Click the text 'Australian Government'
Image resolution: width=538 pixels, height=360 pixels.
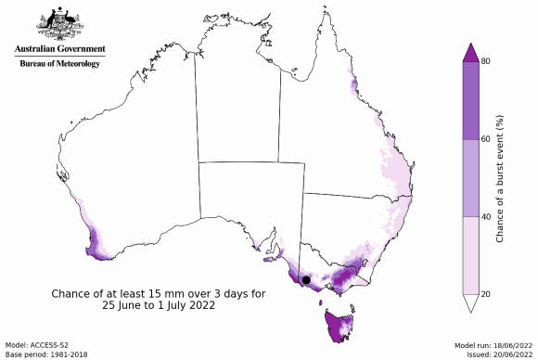[60, 49]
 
